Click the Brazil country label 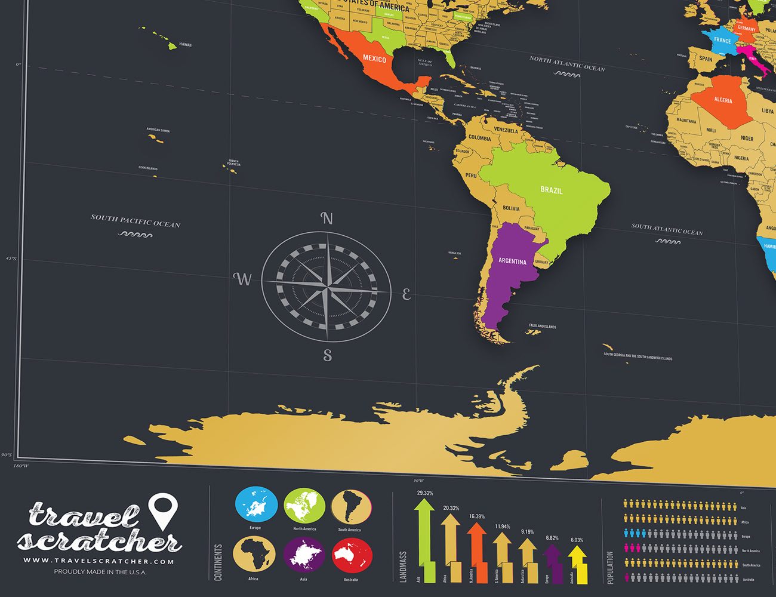click(552, 190)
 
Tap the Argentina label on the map click(512, 261)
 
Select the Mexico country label click(374, 59)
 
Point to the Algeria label click(723, 100)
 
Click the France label click(722, 41)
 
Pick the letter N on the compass click(327, 219)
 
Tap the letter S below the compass click(327, 355)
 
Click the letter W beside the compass click(242, 279)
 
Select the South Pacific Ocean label click(136, 221)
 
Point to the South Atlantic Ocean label click(667, 229)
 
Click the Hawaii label click(185, 45)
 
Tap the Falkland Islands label click(542, 327)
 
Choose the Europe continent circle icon click(256, 505)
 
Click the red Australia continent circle click(352, 556)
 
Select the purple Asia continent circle click(304, 556)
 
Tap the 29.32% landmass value click(425, 493)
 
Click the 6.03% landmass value click(577, 540)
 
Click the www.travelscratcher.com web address click(98, 561)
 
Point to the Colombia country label click(479, 138)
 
